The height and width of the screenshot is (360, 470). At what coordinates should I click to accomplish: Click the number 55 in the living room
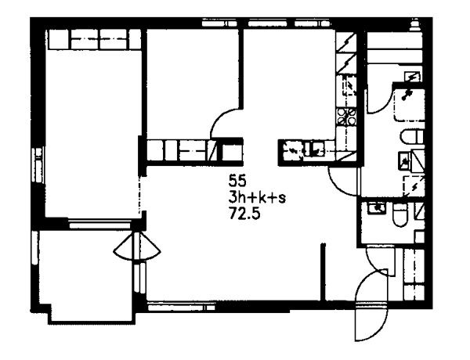tap(237, 181)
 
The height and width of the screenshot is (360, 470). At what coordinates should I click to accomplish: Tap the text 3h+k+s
tap(257, 198)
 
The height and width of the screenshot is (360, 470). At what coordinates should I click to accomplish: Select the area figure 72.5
tap(244, 214)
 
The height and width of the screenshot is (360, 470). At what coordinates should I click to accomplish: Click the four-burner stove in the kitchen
tap(346, 117)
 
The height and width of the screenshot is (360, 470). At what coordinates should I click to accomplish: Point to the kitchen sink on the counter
tap(314, 149)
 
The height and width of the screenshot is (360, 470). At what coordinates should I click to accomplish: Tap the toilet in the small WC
tap(399, 214)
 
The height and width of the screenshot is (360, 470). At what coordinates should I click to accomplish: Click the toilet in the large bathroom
tap(413, 137)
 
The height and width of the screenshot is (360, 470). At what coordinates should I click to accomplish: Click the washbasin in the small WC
tap(377, 208)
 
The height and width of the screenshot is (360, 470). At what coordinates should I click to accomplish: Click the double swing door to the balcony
tap(137, 247)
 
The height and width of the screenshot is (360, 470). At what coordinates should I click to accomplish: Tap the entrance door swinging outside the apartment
tap(371, 322)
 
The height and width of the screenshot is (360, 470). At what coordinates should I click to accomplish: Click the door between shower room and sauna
tap(378, 99)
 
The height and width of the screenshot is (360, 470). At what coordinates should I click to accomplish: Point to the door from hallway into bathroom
tap(344, 182)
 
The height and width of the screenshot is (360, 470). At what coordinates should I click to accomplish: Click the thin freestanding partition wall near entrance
tap(323, 272)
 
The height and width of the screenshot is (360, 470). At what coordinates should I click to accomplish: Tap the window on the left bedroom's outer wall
tap(38, 164)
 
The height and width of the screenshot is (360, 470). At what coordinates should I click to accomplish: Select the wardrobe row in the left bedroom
tap(95, 39)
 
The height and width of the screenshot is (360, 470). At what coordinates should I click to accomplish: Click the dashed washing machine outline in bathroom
tap(414, 185)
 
